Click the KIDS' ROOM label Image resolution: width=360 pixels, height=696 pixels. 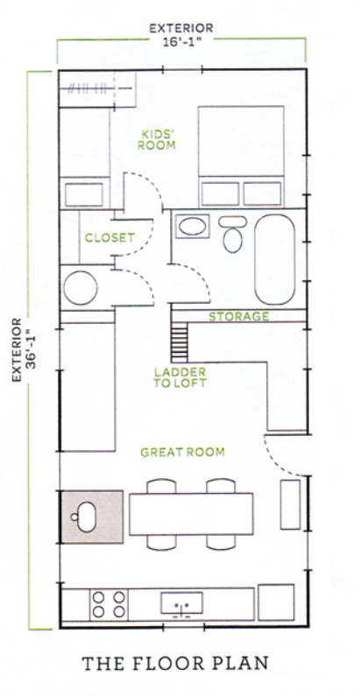(x=156, y=139)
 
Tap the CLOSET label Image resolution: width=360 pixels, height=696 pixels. (x=109, y=238)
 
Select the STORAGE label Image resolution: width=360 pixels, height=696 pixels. (x=239, y=317)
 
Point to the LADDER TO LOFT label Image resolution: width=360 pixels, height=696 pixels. (x=180, y=377)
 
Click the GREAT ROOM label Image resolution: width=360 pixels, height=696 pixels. (x=182, y=453)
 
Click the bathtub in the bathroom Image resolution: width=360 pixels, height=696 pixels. (x=275, y=260)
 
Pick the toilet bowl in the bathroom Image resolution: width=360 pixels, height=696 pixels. (x=233, y=241)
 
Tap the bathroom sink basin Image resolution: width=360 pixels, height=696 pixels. (x=192, y=227)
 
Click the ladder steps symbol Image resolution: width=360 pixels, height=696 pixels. (x=180, y=342)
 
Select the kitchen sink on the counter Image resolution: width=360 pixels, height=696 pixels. (x=181, y=603)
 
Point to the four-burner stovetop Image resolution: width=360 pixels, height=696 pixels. (x=109, y=605)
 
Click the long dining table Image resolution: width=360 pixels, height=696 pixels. (x=191, y=514)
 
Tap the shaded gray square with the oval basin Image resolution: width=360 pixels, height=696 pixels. (x=92, y=517)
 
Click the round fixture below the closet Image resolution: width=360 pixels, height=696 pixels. (x=81, y=288)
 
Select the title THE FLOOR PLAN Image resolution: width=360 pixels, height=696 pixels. (x=175, y=663)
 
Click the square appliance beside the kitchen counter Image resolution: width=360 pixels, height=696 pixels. (x=276, y=602)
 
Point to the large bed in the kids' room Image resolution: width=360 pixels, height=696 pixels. (x=241, y=157)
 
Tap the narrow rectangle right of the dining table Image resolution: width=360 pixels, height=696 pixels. (x=290, y=504)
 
